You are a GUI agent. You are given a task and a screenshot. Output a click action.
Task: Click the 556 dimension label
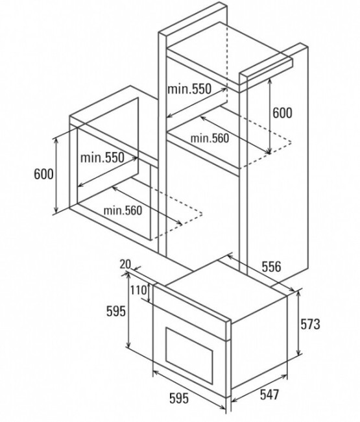coord(271,266)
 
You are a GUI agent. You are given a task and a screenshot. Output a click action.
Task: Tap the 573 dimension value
coord(310,324)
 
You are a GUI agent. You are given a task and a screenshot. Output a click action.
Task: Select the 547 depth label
coord(270,395)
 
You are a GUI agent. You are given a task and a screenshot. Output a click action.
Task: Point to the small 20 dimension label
coord(125,264)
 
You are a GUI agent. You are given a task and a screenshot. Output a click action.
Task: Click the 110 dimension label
coord(139,290)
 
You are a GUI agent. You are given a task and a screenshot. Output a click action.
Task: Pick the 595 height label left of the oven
coord(116,312)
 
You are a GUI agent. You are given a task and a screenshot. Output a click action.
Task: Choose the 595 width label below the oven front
coord(179,398)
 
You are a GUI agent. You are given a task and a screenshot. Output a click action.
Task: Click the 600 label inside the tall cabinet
coord(282,113)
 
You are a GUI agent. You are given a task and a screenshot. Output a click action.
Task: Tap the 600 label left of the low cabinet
coord(44,174)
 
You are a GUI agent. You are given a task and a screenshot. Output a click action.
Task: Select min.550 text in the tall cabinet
coord(189,88)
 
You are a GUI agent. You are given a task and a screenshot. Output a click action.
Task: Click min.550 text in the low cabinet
coord(102,158)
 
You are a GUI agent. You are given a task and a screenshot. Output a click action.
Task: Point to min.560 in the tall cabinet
coord(210,138)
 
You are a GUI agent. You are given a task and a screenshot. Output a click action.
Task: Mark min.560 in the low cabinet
coord(123,210)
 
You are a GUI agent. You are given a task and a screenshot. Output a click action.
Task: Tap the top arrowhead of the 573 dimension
coord(298,293)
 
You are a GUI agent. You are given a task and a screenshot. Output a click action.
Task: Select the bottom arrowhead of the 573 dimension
coord(298,353)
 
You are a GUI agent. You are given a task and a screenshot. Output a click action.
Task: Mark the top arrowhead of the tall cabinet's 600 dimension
coord(270,81)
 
